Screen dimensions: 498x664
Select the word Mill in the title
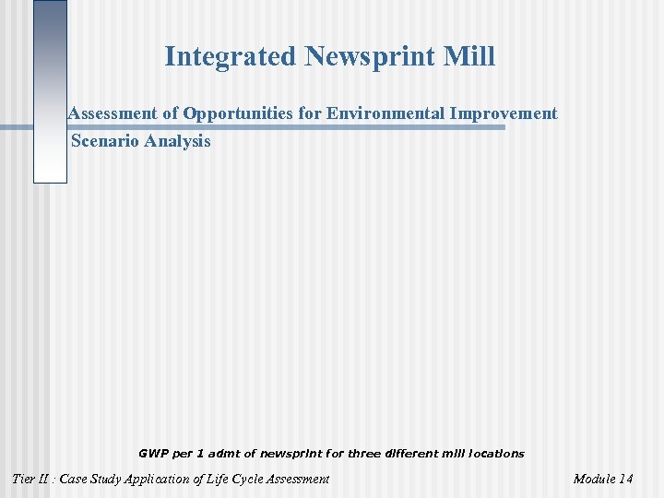click(471, 57)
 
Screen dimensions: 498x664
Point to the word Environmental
click(386, 113)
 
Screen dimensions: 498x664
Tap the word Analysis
click(177, 141)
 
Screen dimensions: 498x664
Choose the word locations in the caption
click(497, 454)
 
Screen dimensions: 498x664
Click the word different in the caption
click(412, 454)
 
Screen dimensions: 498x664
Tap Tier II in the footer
click(31, 479)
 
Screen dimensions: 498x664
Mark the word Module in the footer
click(594, 479)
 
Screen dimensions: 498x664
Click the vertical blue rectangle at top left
click(50, 92)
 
